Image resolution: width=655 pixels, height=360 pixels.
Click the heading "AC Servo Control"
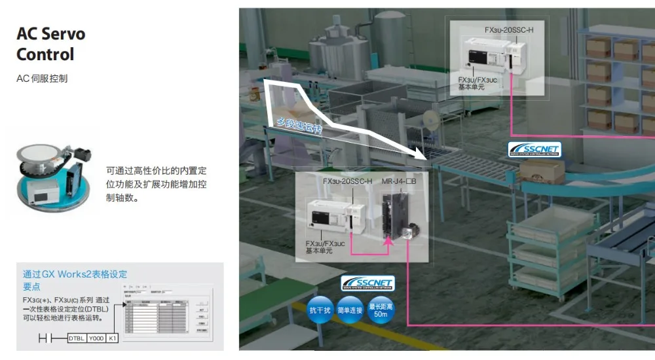pyautogui.click(x=50, y=43)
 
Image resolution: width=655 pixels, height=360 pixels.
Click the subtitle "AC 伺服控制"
pyautogui.click(x=42, y=79)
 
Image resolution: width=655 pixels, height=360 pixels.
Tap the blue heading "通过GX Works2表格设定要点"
pyautogui.click(x=75, y=280)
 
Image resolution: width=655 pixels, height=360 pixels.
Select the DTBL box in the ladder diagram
pyautogui.click(x=77, y=338)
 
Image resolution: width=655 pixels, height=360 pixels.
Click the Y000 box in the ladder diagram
pyautogui.click(x=96, y=338)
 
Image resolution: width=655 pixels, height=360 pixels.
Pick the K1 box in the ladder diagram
pyautogui.click(x=113, y=338)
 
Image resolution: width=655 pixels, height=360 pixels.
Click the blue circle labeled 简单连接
pyautogui.click(x=350, y=310)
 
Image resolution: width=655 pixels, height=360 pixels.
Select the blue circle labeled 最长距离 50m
pyautogui.click(x=380, y=310)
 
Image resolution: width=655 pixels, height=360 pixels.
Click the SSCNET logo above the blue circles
pyautogui.click(x=367, y=283)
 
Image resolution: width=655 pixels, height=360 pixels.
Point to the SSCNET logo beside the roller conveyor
pyautogui.click(x=534, y=150)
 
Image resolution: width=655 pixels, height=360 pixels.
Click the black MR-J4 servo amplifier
pyautogui.click(x=395, y=212)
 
